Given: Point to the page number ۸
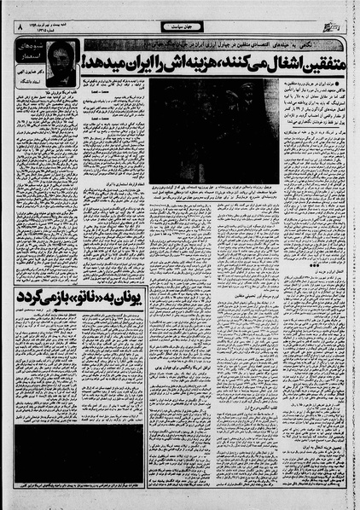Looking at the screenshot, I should click(x=19, y=27).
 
